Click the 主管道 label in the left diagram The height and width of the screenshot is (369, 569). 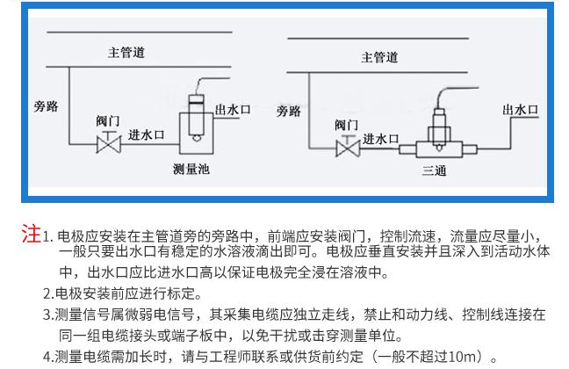pos(126,53)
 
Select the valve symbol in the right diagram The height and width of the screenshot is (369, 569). pos(347,146)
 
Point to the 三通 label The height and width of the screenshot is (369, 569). pos(435,170)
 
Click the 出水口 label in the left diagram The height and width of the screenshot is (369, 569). pos(233,109)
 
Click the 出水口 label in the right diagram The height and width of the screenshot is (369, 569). pos(520,110)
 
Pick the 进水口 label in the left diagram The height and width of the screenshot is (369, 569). pos(147,135)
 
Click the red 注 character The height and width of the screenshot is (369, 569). pos(31,235)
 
